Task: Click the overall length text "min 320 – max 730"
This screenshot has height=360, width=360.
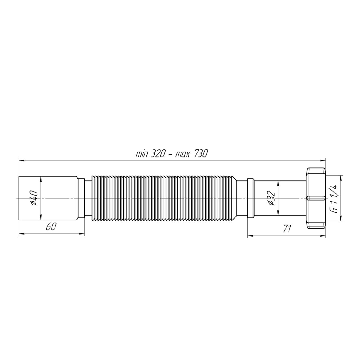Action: (x=171, y=154)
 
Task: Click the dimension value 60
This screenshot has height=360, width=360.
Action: (x=51, y=227)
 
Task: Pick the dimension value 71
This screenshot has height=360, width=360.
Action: (x=287, y=229)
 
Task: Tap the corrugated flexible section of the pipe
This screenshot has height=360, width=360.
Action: (x=165, y=198)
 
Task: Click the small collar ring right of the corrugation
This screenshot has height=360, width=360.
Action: (x=251, y=198)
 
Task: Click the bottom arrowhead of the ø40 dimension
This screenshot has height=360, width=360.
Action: (x=41, y=219)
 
